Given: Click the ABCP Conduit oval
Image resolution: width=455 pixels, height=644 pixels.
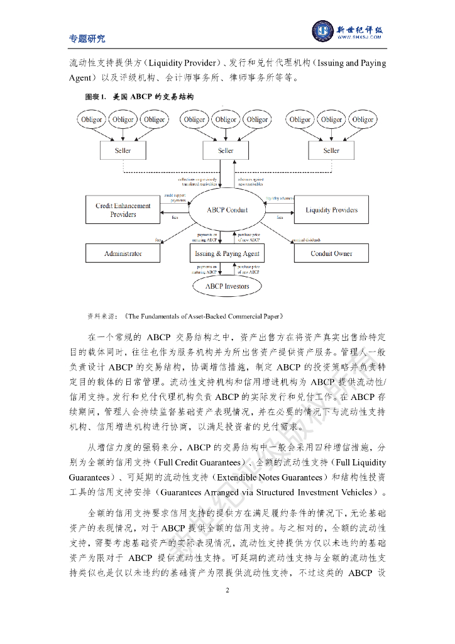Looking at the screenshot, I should [x=227, y=210].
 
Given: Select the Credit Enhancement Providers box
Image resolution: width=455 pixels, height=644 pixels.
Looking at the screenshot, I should [x=123, y=210].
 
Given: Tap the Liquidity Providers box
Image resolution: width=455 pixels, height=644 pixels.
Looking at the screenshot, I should [x=331, y=210].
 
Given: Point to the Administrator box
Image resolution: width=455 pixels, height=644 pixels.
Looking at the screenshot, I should [x=123, y=253].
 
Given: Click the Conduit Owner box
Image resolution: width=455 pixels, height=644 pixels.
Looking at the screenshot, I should [x=331, y=253].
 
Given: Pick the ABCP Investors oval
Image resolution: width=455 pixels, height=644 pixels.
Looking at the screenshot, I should [x=227, y=286].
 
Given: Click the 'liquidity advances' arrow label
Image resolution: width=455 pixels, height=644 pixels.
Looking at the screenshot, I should [x=280, y=198].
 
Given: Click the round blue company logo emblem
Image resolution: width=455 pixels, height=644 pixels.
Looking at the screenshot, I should [x=323, y=31].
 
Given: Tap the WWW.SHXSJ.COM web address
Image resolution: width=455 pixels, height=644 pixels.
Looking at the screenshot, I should [x=360, y=38].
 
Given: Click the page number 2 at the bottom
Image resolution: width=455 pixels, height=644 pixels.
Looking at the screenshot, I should [x=227, y=589].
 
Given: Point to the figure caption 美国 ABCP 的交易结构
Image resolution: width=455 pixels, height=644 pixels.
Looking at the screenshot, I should [x=153, y=97].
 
